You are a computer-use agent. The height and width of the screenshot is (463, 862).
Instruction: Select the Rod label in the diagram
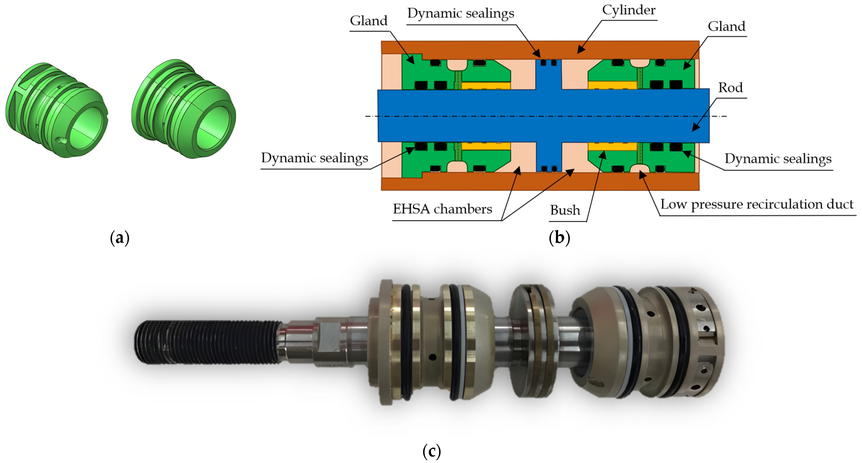pyautogui.click(x=730, y=88)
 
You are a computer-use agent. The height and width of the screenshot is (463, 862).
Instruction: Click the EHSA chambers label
pyautogui.click(x=442, y=209)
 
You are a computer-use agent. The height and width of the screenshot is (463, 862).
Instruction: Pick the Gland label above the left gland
pyautogui.click(x=368, y=21)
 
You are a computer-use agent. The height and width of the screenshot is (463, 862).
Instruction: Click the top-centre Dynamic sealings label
pyautogui.click(x=460, y=13)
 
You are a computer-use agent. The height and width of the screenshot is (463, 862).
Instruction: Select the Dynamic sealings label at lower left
pyautogui.click(x=314, y=158)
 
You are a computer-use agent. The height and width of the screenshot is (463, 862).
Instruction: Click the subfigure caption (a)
pyautogui.click(x=120, y=238)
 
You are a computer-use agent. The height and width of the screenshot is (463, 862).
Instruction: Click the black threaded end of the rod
pyautogui.click(x=208, y=342)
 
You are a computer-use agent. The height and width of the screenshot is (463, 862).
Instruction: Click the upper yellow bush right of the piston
pyautogui.click(x=612, y=85)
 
